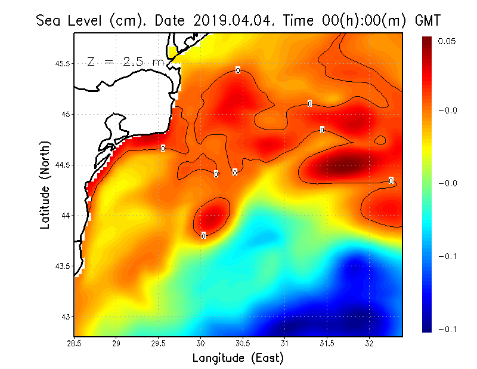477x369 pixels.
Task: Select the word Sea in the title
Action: tap(49, 20)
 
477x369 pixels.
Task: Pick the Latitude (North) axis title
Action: tap(45, 185)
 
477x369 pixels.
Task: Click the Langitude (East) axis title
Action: tap(238, 358)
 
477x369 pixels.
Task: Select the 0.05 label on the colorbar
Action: tap(447, 41)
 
